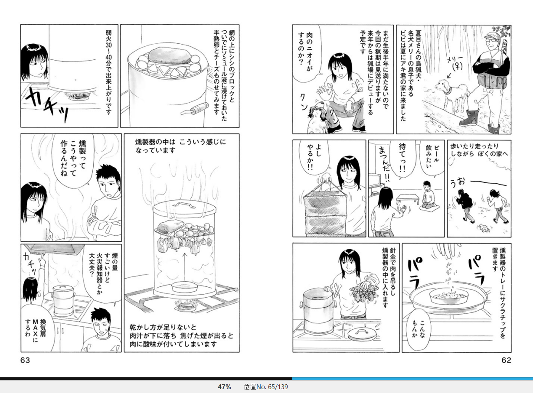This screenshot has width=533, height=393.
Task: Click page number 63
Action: coord(25,360)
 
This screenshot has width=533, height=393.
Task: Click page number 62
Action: coord(506,360)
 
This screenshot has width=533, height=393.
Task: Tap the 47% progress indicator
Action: coord(224,387)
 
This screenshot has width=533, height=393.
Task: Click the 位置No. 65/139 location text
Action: coord(265,387)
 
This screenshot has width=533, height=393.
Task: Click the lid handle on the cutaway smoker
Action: coord(183,205)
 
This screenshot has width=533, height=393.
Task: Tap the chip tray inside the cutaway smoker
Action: coord(185,287)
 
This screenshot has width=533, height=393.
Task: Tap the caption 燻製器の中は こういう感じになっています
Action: coord(180,146)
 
